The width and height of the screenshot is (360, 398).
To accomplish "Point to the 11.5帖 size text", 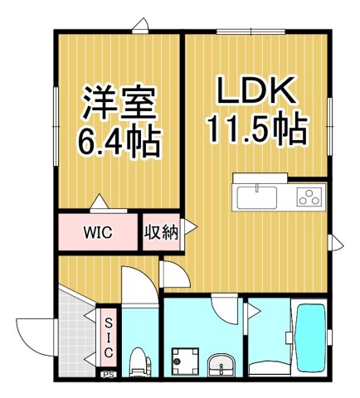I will point(255,130).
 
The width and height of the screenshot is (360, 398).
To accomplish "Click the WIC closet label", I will point(97,232).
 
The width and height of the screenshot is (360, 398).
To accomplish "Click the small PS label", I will point(107,375).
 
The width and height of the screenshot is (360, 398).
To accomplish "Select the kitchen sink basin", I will point(257,197).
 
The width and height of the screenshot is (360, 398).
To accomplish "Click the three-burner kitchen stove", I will point(309,197).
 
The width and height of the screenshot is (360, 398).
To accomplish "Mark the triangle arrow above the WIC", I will point(99,202).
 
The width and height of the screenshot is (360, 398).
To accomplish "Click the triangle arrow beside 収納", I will point(189,226).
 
